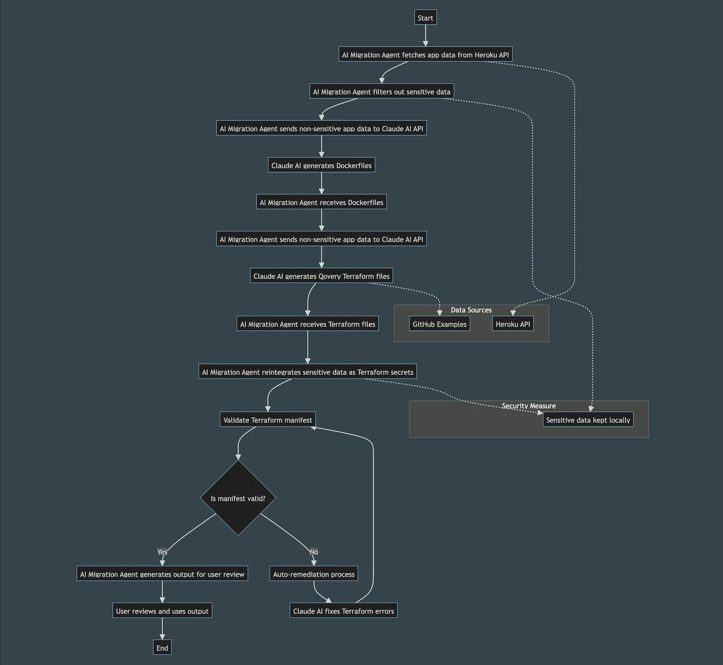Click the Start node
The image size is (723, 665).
tap(425, 18)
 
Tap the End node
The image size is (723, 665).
tap(162, 648)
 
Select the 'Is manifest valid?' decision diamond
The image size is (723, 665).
tap(238, 498)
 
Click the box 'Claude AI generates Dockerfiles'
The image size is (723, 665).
tap(321, 165)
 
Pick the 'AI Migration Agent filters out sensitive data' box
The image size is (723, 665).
tap(381, 91)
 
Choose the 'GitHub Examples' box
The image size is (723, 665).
tap(439, 324)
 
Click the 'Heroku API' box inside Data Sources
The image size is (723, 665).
tap(513, 324)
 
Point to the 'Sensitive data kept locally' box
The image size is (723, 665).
tap(588, 420)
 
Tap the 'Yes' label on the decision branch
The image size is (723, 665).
tap(162, 552)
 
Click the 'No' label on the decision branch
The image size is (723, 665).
tap(314, 552)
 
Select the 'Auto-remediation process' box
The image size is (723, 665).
tap(314, 574)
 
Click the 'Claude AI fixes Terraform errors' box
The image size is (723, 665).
tap(343, 611)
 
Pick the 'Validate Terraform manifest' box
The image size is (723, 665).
tap(267, 420)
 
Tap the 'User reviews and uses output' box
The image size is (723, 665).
tap(162, 611)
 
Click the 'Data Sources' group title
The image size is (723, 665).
tap(471, 310)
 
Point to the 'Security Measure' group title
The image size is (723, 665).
tap(529, 406)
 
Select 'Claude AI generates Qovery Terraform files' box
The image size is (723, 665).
tap(321, 276)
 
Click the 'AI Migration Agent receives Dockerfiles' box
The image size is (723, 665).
tap(321, 202)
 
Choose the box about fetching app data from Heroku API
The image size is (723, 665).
tap(425, 55)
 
